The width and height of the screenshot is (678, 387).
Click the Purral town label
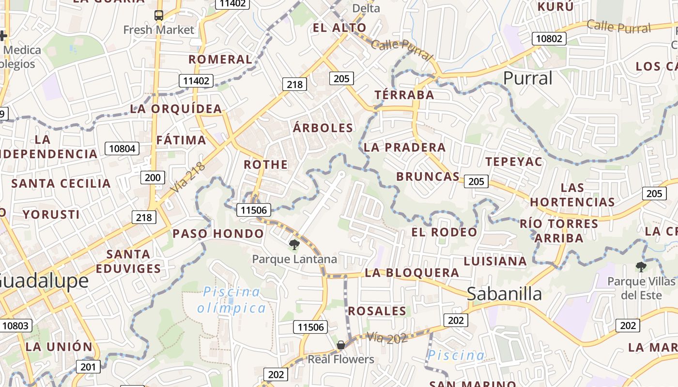(527, 78)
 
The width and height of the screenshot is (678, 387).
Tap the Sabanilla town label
(504, 293)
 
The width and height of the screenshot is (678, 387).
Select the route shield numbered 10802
(549, 38)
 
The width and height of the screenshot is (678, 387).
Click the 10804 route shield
(122, 149)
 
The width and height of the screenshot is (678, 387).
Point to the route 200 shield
(153, 178)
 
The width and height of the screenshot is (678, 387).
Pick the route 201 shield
(88, 367)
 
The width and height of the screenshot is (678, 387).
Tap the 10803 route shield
(15, 326)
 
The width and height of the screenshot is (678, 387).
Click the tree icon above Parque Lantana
(294, 245)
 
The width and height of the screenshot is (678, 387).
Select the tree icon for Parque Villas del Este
(641, 267)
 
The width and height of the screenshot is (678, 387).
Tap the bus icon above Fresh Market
(159, 15)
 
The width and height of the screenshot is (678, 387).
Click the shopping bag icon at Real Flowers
(341, 345)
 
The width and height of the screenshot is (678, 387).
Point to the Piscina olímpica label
(231, 300)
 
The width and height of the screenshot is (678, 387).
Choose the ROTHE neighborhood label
(265, 164)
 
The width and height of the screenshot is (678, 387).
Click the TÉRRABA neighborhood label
(404, 95)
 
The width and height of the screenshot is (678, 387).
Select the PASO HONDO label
(218, 234)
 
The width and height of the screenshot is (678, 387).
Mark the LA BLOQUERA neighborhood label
(412, 273)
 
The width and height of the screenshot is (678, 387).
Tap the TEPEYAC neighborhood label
(514, 162)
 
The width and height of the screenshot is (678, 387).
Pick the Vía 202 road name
(386, 338)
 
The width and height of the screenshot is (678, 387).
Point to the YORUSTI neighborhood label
(51, 214)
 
